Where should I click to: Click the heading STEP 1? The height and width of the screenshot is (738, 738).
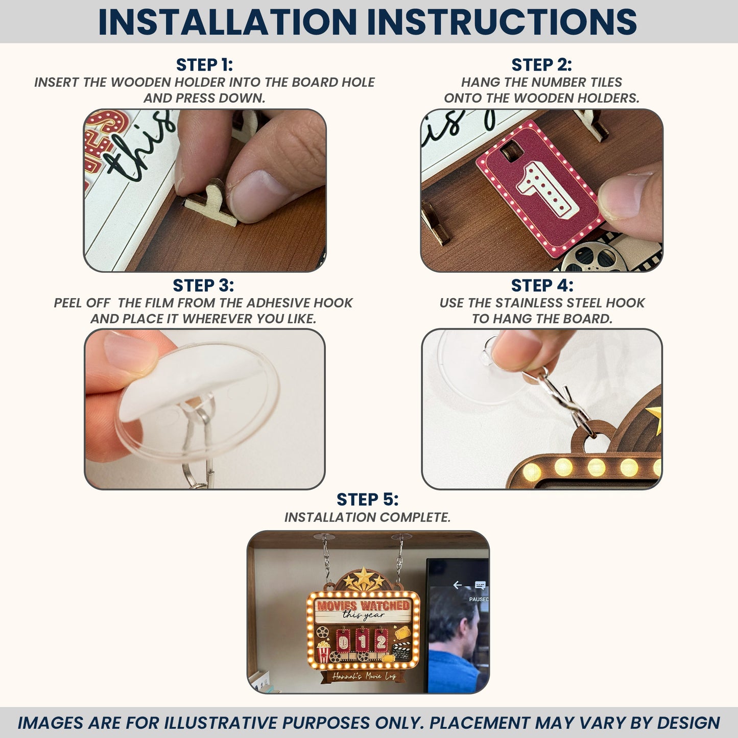(204, 65)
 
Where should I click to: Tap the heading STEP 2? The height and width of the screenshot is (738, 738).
(541, 65)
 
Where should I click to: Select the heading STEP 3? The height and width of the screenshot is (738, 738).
(203, 285)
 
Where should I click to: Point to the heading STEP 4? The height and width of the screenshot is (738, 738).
(542, 285)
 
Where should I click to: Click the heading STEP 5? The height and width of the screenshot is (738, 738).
(368, 499)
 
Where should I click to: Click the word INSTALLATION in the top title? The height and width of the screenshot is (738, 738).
(227, 21)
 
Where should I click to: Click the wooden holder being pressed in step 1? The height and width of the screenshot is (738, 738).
(211, 202)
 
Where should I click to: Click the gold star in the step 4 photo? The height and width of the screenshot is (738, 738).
(655, 419)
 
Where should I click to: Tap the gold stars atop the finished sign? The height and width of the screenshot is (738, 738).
(364, 579)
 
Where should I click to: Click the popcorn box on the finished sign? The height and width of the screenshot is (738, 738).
(324, 652)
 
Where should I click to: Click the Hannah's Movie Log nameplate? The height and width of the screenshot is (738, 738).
(363, 676)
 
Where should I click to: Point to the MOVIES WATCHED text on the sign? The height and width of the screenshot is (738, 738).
(363, 606)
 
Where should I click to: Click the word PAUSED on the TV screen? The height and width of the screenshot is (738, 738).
(479, 600)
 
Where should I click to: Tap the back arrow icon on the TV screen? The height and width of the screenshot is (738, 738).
(457, 585)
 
